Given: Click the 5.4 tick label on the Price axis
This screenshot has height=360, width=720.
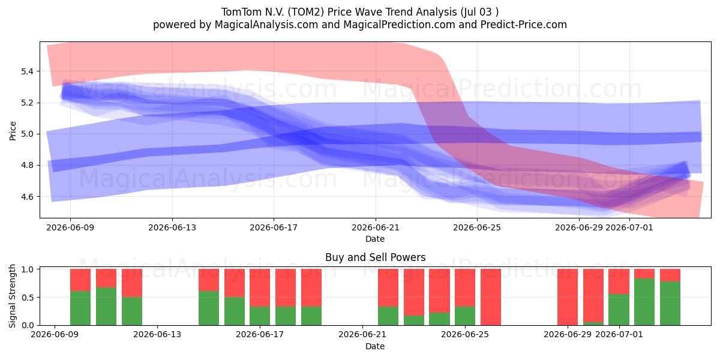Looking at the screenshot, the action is [28, 71].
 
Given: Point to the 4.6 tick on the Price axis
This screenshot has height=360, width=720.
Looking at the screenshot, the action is [28, 197].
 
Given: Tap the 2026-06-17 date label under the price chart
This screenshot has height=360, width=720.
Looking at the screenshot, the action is [274, 227].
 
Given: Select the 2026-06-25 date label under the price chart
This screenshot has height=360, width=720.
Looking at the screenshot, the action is [477, 227].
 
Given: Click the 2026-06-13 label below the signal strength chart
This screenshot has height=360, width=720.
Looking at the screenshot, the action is [157, 335].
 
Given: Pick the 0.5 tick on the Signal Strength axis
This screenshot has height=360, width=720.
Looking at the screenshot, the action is [28, 298].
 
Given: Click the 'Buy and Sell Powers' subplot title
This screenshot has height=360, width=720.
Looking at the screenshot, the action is [376, 257].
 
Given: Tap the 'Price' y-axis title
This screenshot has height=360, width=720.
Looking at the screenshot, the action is [13, 131].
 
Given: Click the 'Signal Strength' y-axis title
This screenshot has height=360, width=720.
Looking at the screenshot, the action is [12, 296].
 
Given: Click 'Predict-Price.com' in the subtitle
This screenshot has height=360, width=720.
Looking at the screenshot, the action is [524, 25].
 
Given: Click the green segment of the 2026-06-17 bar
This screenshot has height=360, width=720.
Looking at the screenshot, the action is [260, 316].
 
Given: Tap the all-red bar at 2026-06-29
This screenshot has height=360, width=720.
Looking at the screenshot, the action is [568, 297].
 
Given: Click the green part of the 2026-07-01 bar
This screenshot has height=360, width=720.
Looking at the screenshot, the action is [619, 310].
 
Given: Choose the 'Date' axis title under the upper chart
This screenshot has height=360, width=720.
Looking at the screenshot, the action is [375, 239].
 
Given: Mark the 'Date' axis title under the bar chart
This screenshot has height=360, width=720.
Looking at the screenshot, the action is [375, 346].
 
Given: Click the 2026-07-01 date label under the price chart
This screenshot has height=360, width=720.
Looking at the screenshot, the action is [629, 227].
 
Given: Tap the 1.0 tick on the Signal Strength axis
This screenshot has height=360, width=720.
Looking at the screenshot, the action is [28, 269].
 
